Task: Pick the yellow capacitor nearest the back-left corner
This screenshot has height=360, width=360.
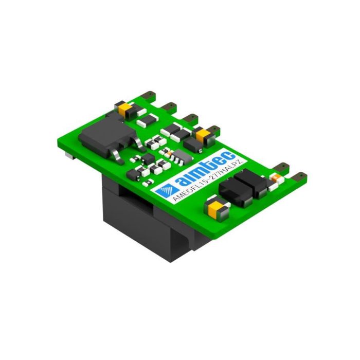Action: [124, 109]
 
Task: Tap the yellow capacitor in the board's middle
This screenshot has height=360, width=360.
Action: [203, 136]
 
